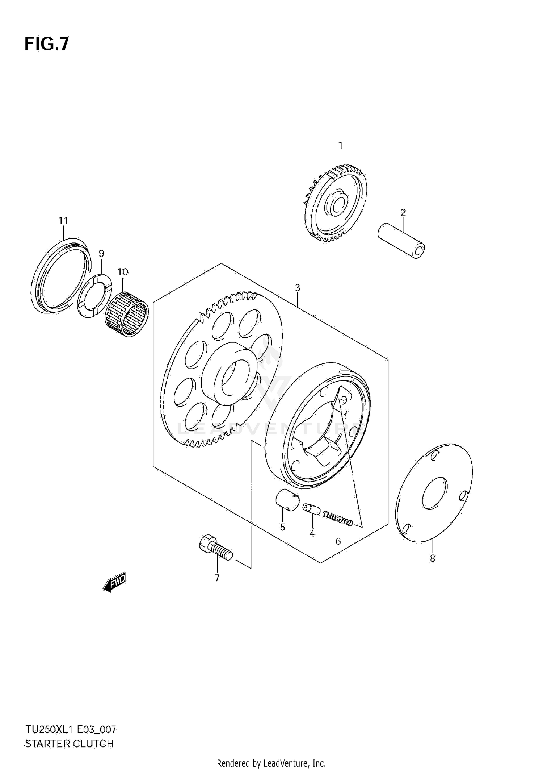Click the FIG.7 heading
click(x=46, y=44)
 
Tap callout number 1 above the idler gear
click(x=340, y=146)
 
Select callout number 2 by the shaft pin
click(x=403, y=213)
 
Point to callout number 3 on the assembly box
click(x=297, y=288)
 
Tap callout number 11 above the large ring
click(x=63, y=221)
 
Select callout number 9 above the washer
click(x=101, y=253)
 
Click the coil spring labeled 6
click(x=338, y=520)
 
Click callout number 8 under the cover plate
click(x=432, y=558)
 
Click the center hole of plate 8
click(x=435, y=493)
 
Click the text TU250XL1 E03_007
click(x=71, y=729)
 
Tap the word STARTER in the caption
click(x=47, y=743)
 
